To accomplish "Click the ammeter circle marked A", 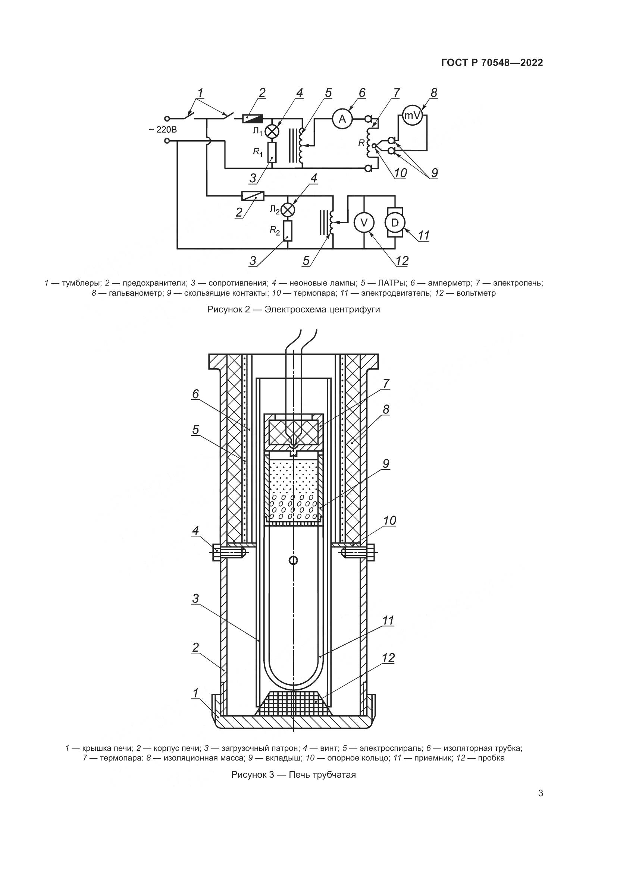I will [x=343, y=119].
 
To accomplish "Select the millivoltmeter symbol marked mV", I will [x=412, y=114].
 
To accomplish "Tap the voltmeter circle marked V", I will [x=364, y=223].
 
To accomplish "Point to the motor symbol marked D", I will [x=395, y=223].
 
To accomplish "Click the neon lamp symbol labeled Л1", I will [x=272, y=131].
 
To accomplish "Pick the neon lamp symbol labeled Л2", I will [x=288, y=210].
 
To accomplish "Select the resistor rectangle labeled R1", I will [x=272, y=153].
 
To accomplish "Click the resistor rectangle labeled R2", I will [x=288, y=231].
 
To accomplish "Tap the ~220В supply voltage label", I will [x=163, y=130].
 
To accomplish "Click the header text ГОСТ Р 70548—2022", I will [x=492, y=63].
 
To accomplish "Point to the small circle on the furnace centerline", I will [x=293, y=560].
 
